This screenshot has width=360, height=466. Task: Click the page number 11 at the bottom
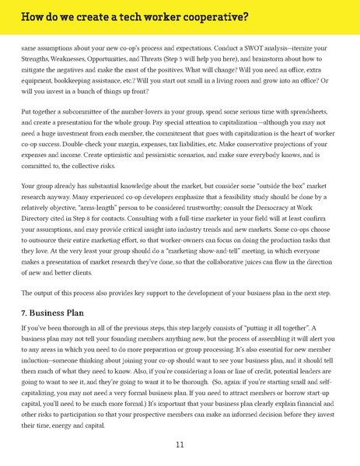[180, 444]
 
